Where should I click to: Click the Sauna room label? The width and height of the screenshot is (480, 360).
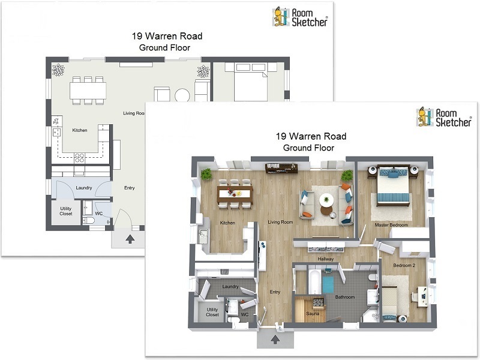pos(313,314)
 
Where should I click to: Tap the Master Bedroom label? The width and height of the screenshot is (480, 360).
pos(391,225)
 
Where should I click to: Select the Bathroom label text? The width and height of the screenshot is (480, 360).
pos(344,297)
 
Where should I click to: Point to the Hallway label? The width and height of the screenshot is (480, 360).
pos(325,259)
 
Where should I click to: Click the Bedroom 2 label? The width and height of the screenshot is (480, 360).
pos(404,265)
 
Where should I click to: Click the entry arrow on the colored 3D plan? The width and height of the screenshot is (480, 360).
pos(275,339)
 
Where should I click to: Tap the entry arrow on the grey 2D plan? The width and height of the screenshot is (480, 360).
pos(130,239)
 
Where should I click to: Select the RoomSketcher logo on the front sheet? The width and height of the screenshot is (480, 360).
pos(444,117)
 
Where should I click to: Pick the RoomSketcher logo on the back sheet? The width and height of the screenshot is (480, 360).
pos(300,17)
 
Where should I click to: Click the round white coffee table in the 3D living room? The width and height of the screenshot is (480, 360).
pos(326,200)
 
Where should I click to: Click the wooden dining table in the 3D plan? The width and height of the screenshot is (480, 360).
pos(235,194)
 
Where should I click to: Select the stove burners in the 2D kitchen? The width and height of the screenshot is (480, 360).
pos(79,158)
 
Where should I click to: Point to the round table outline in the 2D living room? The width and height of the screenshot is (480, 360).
pos(182,95)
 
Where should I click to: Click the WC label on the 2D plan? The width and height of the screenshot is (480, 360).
pos(98,214)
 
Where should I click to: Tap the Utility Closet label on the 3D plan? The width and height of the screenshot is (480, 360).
pos(212,312)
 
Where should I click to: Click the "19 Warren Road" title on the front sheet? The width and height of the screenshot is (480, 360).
pos(311,136)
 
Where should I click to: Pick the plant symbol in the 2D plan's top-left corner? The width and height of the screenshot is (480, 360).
pos(58,70)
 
